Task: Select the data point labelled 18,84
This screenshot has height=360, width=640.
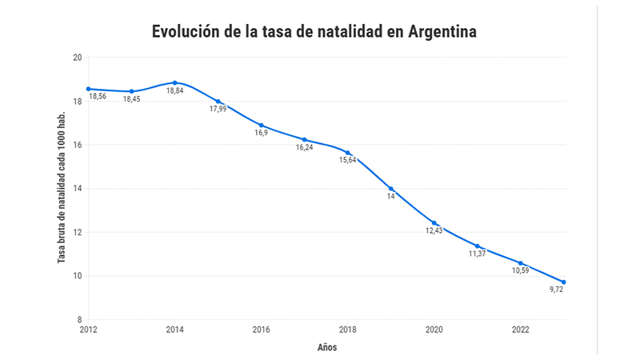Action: [174, 82]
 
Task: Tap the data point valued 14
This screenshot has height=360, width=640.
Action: [391, 189]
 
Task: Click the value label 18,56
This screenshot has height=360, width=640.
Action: [98, 96]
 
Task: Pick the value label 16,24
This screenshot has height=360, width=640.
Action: [304, 148]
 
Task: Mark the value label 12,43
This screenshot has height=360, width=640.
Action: [434, 230]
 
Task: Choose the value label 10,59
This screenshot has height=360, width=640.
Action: [520, 270]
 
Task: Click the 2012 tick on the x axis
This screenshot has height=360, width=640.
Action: [88, 329]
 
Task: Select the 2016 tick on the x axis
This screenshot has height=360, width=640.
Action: [261, 329]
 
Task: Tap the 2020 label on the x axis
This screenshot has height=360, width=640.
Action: [434, 329]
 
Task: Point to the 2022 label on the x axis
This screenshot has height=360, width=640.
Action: [520, 329]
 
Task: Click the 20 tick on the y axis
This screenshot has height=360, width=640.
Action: [77, 58]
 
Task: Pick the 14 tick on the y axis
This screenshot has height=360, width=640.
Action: [77, 189]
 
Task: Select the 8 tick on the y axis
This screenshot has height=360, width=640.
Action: [78, 320]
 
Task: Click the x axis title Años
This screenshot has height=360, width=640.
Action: [327, 347]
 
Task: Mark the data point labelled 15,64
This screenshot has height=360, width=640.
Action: [348, 153]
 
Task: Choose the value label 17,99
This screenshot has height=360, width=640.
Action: [218, 109]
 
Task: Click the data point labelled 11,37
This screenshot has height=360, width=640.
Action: [478, 246]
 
